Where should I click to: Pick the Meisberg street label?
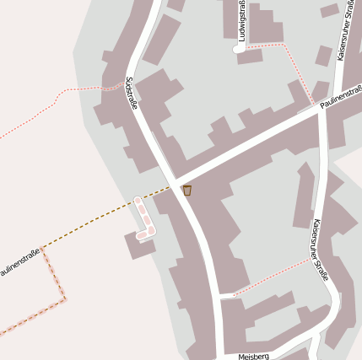253,356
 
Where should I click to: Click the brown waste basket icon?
187,191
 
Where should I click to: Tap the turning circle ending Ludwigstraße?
239,49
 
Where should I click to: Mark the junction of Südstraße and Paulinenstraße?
176,185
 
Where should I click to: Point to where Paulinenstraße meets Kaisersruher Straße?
321,107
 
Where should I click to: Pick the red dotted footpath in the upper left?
51,105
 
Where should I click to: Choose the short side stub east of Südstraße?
226,296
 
